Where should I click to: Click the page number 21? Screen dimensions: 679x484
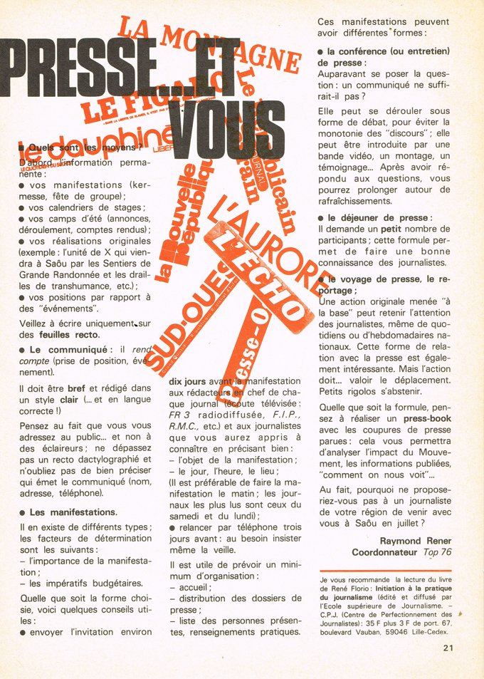point(447,648)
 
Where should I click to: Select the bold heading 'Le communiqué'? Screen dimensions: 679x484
point(68,349)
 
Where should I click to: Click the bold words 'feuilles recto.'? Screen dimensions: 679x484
point(70,334)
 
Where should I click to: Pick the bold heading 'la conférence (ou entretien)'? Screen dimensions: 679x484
point(388,51)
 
